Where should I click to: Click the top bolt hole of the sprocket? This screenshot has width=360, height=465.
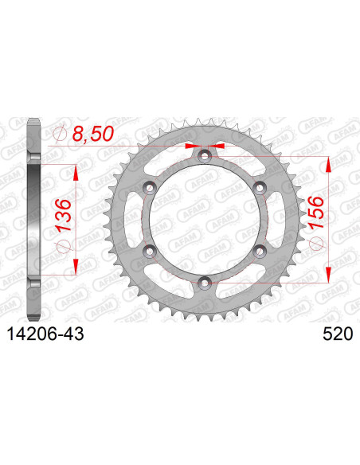tap(205, 156)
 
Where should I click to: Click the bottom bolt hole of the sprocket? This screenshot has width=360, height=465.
tap(205, 281)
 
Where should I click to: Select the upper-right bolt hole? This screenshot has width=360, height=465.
tap(260, 187)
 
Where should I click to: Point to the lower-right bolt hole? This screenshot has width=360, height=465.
tap(260, 250)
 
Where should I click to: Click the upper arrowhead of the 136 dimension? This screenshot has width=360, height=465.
tap(76, 172)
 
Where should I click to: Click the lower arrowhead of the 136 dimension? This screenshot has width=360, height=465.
tap(76, 267)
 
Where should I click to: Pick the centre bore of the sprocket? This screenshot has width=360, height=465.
tap(205, 219)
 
